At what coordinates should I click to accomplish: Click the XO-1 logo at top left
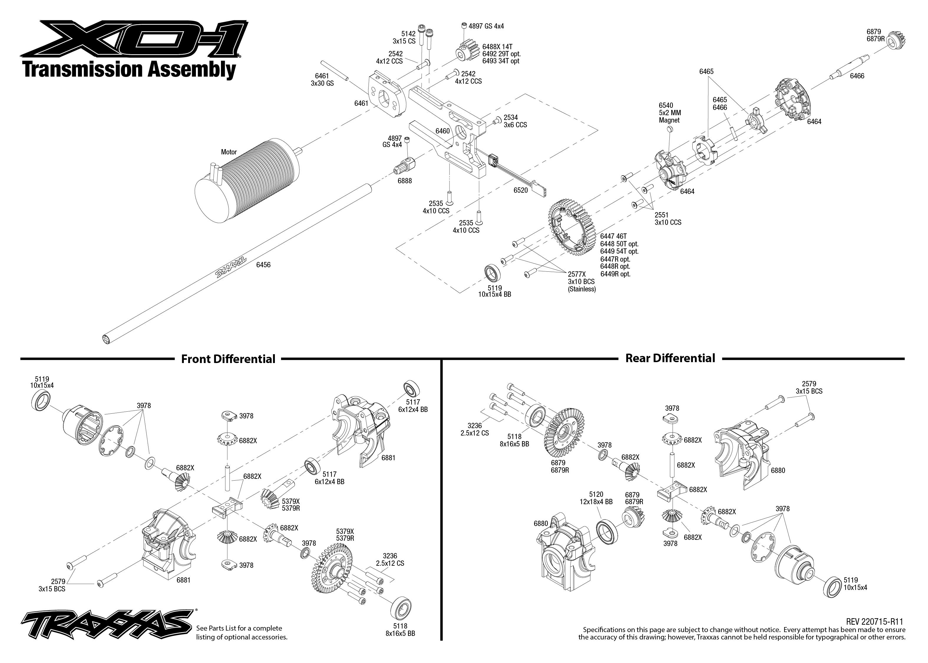135,39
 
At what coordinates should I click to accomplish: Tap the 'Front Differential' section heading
228,359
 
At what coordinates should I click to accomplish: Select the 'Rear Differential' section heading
670,358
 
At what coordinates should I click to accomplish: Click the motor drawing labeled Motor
249,180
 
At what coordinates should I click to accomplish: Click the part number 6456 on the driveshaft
263,265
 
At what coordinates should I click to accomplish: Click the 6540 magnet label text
669,113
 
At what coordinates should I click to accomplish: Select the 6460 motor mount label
442,131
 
